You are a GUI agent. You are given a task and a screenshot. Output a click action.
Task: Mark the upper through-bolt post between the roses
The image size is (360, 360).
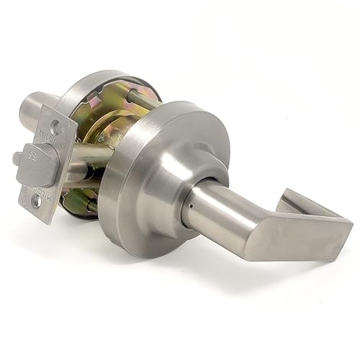tap(137, 101)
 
